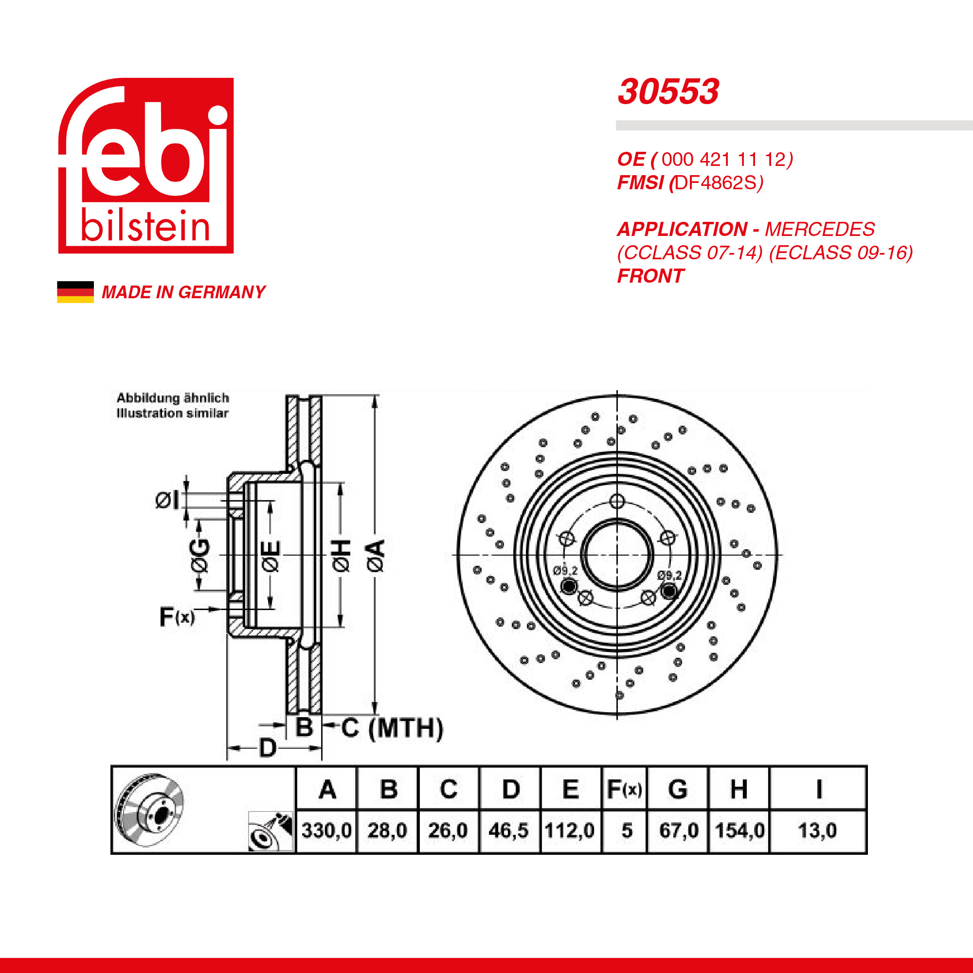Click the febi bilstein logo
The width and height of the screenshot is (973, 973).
click(x=146, y=166)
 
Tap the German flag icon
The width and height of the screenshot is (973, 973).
click(x=75, y=292)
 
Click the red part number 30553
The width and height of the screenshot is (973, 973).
click(x=668, y=92)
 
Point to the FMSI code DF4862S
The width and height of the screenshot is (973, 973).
click(x=716, y=183)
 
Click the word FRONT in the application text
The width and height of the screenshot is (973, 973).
click(x=650, y=276)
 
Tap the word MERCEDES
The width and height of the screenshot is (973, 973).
click(x=820, y=229)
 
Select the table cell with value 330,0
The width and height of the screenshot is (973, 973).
click(x=327, y=830)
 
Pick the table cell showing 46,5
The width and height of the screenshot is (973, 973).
click(x=509, y=830)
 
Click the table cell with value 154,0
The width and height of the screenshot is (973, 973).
click(x=739, y=830)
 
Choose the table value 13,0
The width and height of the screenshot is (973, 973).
click(x=817, y=830)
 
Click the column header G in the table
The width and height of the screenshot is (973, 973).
click(x=678, y=789)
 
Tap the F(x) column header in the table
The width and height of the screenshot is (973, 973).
click(x=625, y=789)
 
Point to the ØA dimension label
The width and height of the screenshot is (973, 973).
click(x=376, y=556)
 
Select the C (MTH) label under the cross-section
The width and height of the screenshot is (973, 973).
click(x=392, y=728)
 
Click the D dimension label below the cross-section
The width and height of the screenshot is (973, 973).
click(x=268, y=748)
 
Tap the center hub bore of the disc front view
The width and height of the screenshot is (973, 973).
click(x=617, y=555)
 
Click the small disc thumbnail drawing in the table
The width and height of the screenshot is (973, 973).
click(x=149, y=811)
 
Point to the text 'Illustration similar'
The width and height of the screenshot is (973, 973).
click(x=173, y=413)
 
